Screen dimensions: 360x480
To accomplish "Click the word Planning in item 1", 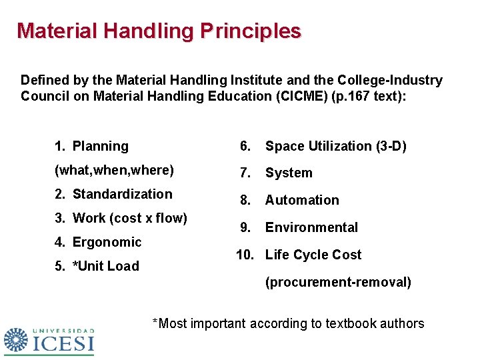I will [100, 146].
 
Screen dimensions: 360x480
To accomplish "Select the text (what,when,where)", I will [114, 170].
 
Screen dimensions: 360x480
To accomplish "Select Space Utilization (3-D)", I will [335, 146].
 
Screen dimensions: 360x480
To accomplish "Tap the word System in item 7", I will [289, 173].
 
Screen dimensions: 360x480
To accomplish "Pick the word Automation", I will [302, 200].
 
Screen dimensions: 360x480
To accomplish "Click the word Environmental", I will [311, 227].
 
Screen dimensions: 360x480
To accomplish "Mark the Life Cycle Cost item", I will [313, 255].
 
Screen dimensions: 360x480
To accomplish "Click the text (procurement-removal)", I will [338, 282].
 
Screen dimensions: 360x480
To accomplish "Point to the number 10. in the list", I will [246, 255].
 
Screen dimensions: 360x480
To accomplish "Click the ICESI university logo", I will [49, 341].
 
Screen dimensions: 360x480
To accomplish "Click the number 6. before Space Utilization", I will [246, 146].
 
